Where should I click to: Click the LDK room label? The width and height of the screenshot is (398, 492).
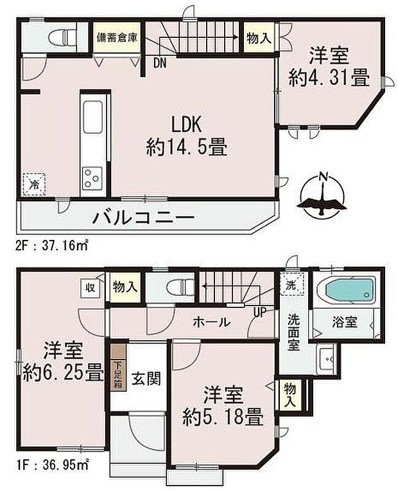pyautogui.click(x=186, y=124)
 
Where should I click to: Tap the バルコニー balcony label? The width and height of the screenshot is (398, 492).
pyautogui.click(x=143, y=219)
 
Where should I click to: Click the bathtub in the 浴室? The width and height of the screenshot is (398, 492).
pyautogui.click(x=349, y=293)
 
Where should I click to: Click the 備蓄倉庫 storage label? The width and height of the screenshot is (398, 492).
pyautogui.click(x=117, y=38)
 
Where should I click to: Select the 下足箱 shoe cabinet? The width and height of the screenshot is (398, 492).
pyautogui.click(x=117, y=374)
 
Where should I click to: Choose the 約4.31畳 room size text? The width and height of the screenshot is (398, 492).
pyautogui.click(x=329, y=78)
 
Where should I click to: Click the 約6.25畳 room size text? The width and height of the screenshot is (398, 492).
pyautogui.click(x=62, y=372)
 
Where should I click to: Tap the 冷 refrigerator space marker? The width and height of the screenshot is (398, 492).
pyautogui.click(x=33, y=184)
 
